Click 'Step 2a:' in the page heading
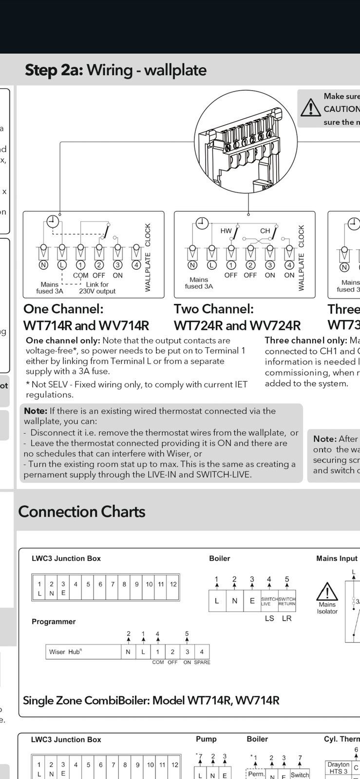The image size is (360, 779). point(54,70)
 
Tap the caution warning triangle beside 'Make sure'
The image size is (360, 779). point(310,108)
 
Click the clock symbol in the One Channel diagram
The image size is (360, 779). point(53,222)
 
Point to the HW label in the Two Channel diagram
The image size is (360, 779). point(226,231)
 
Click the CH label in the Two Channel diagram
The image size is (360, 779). point(265,231)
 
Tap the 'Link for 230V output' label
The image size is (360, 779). point(97,288)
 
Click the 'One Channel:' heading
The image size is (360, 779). point(63,309)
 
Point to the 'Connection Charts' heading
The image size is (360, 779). point(82,512)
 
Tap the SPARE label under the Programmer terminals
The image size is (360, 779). point(202,662)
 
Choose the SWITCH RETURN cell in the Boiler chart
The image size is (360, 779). point(287,601)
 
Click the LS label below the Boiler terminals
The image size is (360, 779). point(269,618)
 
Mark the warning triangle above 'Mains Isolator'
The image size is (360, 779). point(327,592)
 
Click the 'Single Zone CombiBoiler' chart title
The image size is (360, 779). point(151,700)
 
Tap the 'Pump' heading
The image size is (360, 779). point(206,739)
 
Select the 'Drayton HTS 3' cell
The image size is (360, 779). point(338,768)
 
